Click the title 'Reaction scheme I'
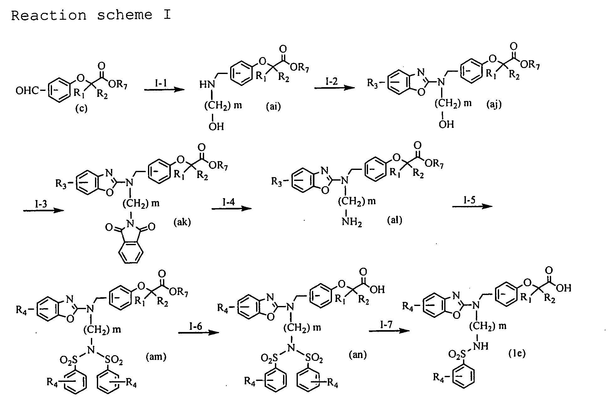tap(91, 15)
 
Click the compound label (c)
tap(81, 108)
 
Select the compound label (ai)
tap(273, 107)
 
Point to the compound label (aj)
tap(494, 104)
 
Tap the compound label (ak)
tap(182, 222)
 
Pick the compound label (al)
tap(394, 220)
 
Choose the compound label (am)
tap(156, 356)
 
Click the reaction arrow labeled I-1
tap(164, 90)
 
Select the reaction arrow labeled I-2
tap(334, 88)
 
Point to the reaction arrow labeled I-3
tap(44, 210)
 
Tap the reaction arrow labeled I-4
tap(232, 208)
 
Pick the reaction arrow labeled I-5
tap(472, 206)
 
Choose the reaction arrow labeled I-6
tap(198, 332)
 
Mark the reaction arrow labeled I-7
tap(389, 331)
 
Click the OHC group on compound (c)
tap(28, 91)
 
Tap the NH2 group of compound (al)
tap(352, 223)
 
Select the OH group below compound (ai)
tap(216, 127)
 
